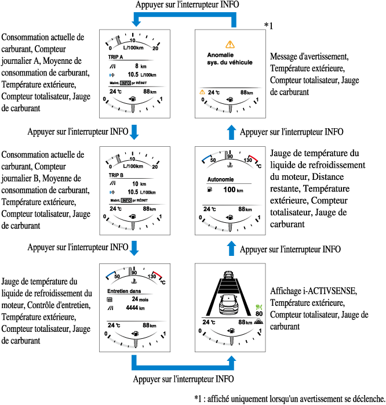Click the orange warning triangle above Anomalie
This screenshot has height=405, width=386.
(x=230, y=44)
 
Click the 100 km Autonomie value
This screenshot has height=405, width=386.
(x=232, y=190)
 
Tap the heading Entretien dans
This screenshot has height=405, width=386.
(x=125, y=291)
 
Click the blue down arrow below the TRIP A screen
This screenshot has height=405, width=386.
(x=134, y=132)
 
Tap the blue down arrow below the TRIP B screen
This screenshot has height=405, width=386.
(x=134, y=248)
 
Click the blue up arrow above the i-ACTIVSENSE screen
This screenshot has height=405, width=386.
(x=232, y=248)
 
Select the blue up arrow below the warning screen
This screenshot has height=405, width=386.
(x=232, y=132)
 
